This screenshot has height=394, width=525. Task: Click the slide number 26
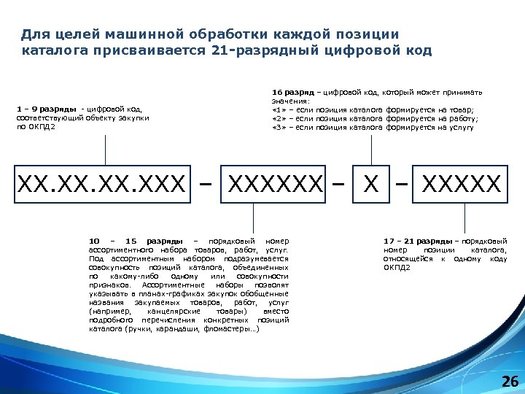pos(510,382)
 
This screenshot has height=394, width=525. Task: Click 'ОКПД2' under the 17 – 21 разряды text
pos(397,267)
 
